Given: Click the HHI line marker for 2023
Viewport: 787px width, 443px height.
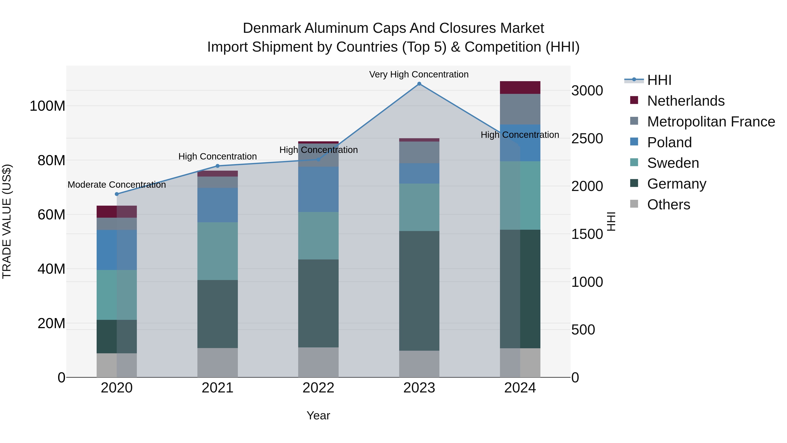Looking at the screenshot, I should tap(419, 84).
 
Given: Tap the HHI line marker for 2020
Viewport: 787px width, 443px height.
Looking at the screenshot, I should tap(117, 194).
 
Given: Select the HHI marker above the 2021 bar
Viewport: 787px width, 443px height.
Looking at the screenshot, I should tap(218, 166).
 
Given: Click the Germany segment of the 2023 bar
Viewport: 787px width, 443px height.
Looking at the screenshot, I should tap(419, 291).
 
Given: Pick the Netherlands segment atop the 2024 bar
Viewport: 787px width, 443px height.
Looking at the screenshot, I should tap(520, 88).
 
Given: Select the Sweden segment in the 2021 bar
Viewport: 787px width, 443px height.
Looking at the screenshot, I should tap(218, 251).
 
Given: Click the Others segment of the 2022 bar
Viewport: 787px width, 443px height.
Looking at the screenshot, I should tap(318, 362).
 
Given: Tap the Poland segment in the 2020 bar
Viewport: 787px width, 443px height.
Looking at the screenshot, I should tap(117, 250).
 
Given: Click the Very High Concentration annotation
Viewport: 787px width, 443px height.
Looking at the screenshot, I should tap(419, 74).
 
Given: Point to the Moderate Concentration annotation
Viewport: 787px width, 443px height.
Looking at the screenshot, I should tap(117, 185).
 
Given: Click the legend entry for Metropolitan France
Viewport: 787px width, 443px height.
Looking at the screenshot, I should tap(711, 122).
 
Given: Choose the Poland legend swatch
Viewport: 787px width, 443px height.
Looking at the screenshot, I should tap(634, 142).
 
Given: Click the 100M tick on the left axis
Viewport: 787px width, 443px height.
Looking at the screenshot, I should tap(47, 106).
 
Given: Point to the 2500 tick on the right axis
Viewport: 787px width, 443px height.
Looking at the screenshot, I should tap(587, 138).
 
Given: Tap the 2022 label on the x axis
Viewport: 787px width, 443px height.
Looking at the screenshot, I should tap(318, 388).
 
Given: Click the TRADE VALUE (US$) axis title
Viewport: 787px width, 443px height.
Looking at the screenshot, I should tap(7, 221).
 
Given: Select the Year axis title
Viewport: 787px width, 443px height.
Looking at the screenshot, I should tap(318, 415).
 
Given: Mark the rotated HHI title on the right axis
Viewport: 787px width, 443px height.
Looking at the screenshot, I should tap(611, 221).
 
